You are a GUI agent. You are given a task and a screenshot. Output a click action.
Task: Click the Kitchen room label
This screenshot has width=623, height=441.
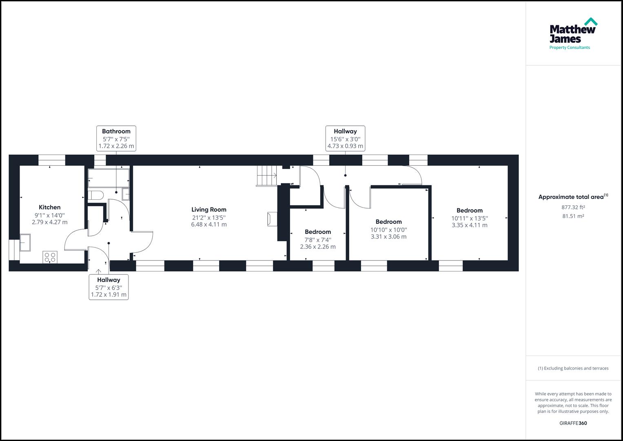(x=49, y=207)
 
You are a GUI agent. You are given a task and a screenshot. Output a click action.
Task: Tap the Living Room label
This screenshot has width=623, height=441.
(x=208, y=210)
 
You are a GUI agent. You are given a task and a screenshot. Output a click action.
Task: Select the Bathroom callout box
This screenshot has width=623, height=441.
(x=116, y=138)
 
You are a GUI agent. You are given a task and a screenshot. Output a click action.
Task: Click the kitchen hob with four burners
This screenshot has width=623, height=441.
(x=50, y=257)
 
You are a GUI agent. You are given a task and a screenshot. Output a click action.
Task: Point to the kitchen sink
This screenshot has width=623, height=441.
(x=25, y=243)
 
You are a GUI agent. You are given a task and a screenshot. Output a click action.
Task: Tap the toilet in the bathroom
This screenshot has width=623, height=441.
(x=95, y=195)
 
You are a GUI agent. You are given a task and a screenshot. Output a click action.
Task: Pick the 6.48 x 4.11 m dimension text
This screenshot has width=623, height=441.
(x=208, y=225)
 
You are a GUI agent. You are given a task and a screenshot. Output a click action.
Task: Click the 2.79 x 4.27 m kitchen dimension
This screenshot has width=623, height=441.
(x=49, y=223)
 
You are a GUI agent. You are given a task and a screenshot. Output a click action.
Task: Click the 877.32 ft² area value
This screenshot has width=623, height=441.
(x=573, y=207)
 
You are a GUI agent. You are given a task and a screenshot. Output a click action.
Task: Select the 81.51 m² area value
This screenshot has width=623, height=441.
(x=573, y=216)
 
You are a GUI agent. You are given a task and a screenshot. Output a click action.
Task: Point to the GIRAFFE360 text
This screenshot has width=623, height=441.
(x=573, y=423)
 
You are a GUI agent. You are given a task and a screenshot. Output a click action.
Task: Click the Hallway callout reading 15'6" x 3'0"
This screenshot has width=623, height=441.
(x=345, y=138)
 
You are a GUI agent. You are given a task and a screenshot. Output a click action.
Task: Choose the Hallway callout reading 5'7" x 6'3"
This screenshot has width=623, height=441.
(x=109, y=287)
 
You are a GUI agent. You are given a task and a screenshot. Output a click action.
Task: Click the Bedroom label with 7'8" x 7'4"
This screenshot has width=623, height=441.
(x=317, y=232)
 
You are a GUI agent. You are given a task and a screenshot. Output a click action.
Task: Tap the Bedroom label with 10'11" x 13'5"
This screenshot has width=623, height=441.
(x=469, y=211)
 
